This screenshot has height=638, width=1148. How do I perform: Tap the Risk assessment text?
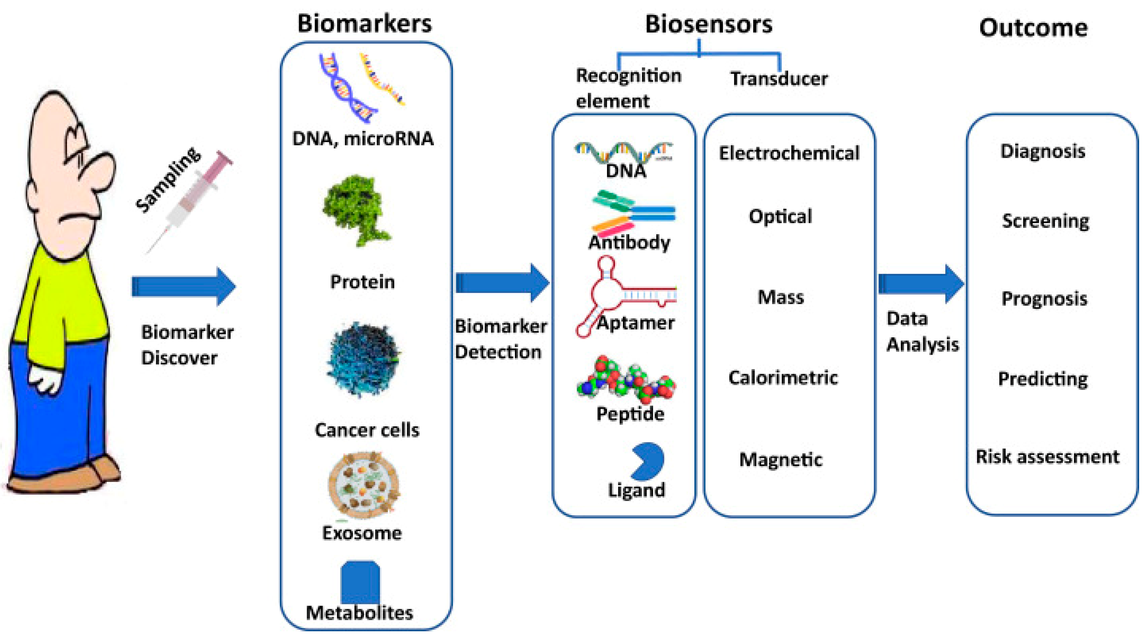tap(1047, 457)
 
